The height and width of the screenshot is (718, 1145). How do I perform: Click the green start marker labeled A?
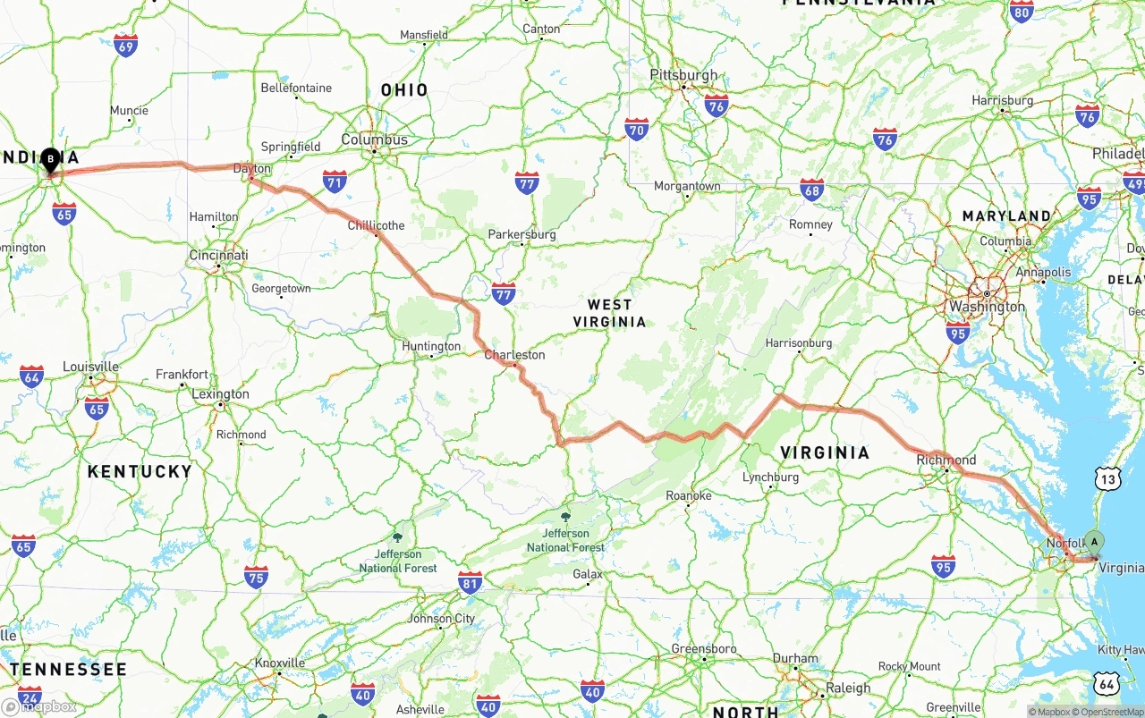(x=1094, y=543)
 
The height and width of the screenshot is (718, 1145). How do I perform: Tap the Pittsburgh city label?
(x=683, y=75)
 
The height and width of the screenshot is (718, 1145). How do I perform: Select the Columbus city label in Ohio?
(x=374, y=139)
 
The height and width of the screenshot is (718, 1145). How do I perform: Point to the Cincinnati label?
(x=218, y=256)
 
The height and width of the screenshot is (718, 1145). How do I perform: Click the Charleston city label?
(x=514, y=355)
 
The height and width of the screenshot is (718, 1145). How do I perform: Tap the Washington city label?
(x=988, y=307)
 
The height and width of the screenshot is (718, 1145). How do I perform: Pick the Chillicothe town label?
(x=376, y=225)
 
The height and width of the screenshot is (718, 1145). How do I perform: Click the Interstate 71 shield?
(x=335, y=182)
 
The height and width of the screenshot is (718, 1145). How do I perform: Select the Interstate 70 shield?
(x=637, y=130)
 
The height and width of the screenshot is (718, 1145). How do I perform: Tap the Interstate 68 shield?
(x=812, y=188)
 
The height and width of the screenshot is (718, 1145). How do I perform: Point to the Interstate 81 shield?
(x=470, y=582)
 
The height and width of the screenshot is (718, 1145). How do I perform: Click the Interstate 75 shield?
(x=257, y=577)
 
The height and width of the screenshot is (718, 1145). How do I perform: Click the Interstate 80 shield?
(x=1022, y=11)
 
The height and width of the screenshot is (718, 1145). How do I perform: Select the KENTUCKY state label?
(x=140, y=471)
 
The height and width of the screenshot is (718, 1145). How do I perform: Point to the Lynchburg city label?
(x=770, y=477)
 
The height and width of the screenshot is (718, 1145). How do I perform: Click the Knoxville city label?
(x=280, y=663)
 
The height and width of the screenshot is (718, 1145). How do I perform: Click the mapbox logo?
(x=40, y=706)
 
